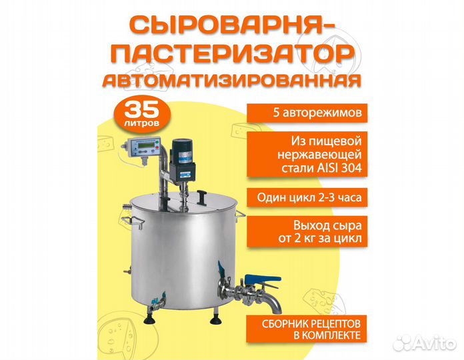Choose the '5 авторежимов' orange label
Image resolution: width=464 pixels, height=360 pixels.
308,113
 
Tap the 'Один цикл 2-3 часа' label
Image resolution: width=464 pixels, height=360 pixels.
308,197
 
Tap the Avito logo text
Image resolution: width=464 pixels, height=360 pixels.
436,343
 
